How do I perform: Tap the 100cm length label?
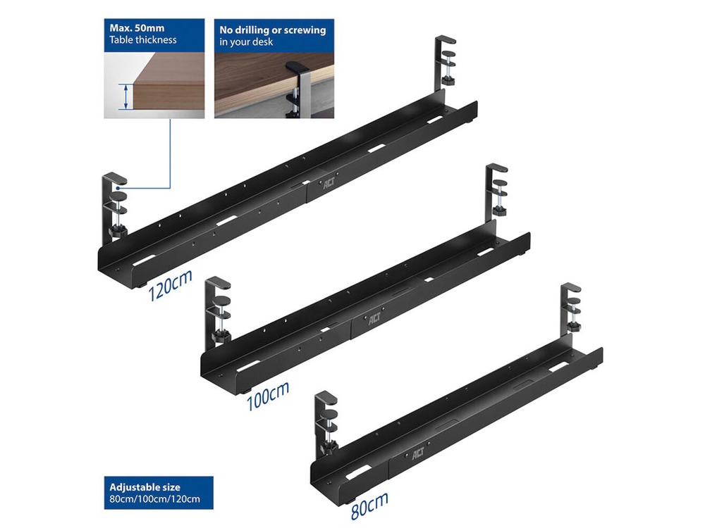[267, 395]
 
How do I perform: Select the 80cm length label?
[369, 505]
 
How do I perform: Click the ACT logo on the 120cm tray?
[329, 183]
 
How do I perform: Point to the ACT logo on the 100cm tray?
[374, 319]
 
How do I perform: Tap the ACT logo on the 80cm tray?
[418, 453]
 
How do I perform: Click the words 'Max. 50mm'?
[137, 28]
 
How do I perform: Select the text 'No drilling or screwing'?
[272, 30]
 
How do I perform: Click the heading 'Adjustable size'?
[145, 487]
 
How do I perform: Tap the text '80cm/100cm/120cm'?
[154, 499]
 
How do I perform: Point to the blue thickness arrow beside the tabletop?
[126, 96]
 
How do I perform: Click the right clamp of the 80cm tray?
[571, 310]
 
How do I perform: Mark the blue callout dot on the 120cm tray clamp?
[117, 188]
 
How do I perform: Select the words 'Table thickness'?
[143, 40]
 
